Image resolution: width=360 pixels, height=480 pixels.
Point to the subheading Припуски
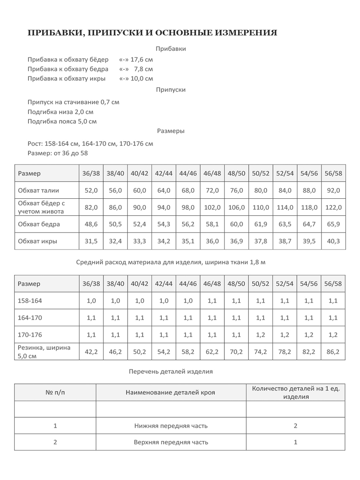pyautogui.click(x=171, y=90)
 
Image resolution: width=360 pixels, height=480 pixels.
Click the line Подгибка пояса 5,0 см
pyautogui.click(x=62, y=121)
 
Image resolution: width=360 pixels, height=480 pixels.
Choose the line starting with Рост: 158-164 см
pyautogui.click(x=90, y=144)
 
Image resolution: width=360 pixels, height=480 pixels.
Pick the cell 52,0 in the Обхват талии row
pyautogui.click(x=91, y=190)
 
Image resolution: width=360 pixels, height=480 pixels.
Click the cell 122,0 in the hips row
pyautogui.click(x=333, y=207)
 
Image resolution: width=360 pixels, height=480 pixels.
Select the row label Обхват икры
pyautogui.click(x=37, y=241)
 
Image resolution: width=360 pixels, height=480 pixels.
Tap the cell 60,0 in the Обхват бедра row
pyautogui.click(x=237, y=224)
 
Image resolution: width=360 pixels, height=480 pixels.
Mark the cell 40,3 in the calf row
pyautogui.click(x=333, y=241)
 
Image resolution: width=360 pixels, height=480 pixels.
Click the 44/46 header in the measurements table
pyautogui.click(x=188, y=173)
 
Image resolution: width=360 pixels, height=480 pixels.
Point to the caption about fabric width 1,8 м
pyautogui.click(x=171, y=262)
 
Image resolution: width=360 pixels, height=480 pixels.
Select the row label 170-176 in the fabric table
pyautogui.click(x=30, y=335)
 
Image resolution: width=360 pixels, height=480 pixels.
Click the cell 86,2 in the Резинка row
pyautogui.click(x=333, y=352)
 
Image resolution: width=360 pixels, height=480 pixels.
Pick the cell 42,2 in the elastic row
pyautogui.click(x=91, y=352)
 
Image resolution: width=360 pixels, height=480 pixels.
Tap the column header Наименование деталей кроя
pyautogui.click(x=170, y=392)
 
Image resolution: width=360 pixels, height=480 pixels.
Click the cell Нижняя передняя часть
pyautogui.click(x=171, y=426)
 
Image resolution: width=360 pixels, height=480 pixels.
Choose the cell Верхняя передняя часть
pyautogui.click(x=171, y=442)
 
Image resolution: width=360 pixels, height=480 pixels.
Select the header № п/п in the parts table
pyautogui.click(x=55, y=392)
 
